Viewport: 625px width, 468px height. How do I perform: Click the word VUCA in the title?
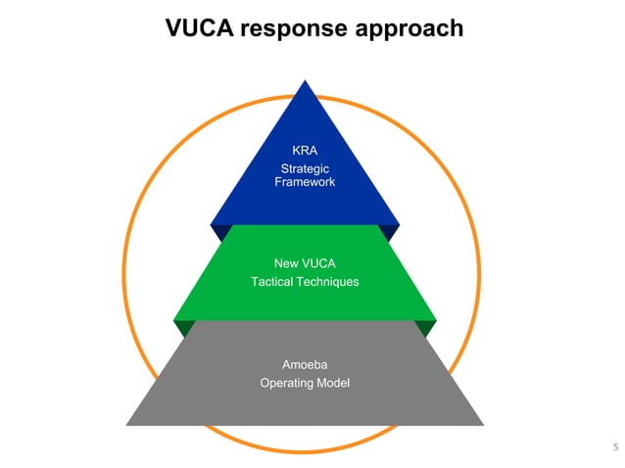click(200, 29)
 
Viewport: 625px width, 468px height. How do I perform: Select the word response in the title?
click(293, 29)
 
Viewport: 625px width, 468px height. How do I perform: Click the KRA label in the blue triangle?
click(305, 151)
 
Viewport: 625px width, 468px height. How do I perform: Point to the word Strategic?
click(305, 168)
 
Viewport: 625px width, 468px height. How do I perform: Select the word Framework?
click(305, 182)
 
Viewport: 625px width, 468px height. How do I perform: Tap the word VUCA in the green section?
click(318, 262)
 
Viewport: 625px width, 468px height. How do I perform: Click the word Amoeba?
click(305, 365)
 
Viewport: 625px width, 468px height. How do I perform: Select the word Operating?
click(285, 383)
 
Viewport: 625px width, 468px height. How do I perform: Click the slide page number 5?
click(615, 449)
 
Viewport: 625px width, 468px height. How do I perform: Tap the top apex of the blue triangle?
click(306, 81)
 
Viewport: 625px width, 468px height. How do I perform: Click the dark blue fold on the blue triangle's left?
click(221, 232)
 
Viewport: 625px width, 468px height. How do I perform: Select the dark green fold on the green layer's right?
click(429, 327)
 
